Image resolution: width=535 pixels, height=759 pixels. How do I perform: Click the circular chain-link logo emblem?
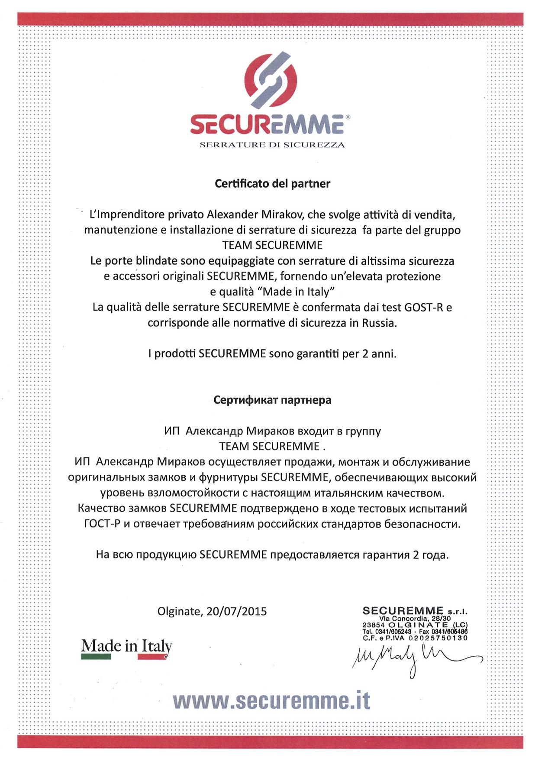[x=271, y=80]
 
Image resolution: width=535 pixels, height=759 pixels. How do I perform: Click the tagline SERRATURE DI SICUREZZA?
[x=272, y=145]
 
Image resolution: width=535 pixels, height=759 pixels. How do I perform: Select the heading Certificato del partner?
[x=272, y=184]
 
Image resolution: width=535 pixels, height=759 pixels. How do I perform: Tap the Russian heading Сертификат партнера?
[x=272, y=400]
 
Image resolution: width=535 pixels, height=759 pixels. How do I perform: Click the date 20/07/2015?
[x=236, y=611]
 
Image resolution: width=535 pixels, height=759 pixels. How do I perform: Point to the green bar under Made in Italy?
[x=96, y=657]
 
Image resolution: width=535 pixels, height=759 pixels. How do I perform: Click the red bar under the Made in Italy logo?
[x=152, y=657]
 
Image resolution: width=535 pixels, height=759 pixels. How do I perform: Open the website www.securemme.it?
[x=271, y=701]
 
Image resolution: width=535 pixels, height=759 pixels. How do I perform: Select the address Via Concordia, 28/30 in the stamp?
[x=415, y=619]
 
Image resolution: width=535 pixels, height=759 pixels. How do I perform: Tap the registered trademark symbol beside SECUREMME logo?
[x=348, y=117]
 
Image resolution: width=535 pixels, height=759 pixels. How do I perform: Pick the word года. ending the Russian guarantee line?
[x=435, y=555]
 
